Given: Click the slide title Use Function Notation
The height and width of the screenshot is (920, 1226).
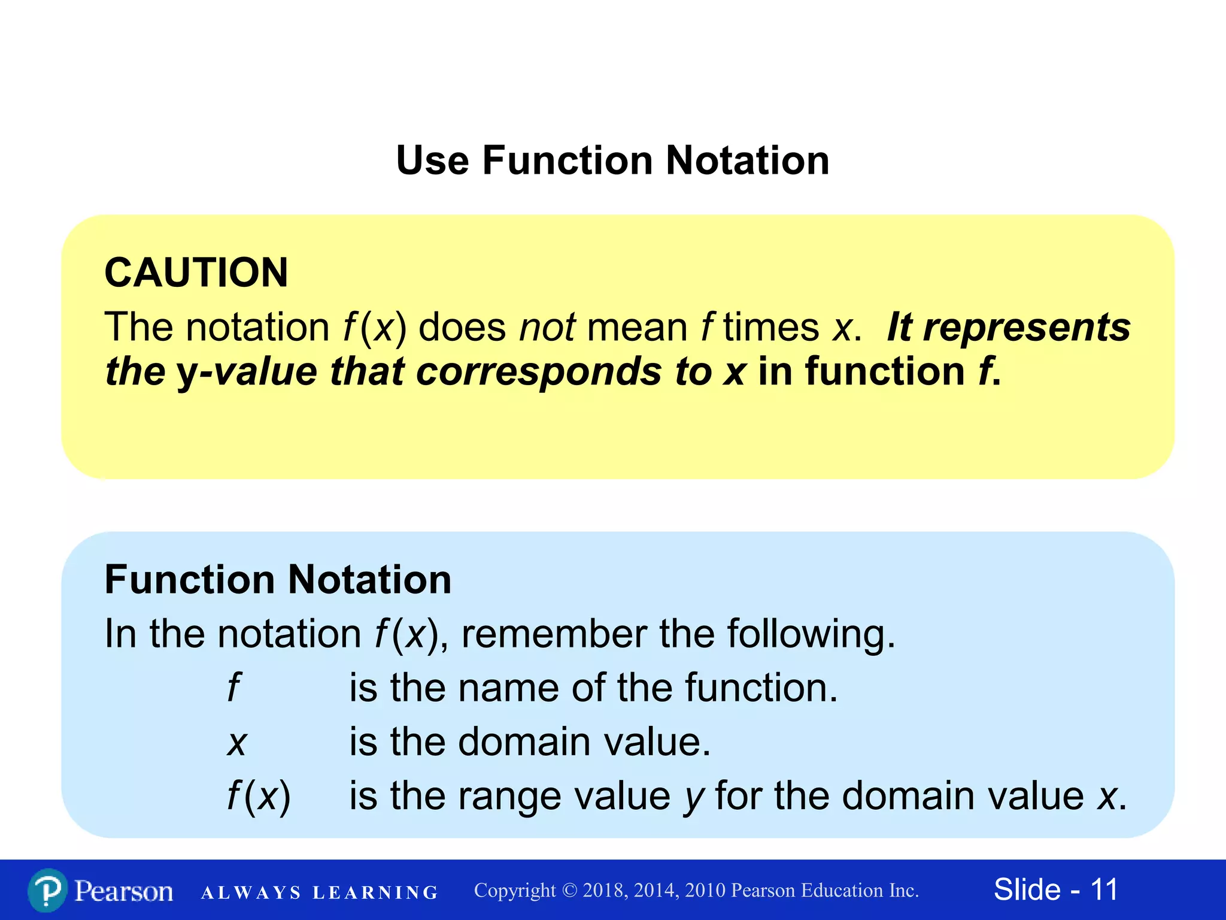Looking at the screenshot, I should click(612, 161).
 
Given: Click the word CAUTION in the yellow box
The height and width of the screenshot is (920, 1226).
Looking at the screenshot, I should click(196, 273).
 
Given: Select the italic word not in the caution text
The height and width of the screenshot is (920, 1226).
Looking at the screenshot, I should click(547, 328).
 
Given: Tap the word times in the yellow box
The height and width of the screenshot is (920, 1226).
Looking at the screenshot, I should click(770, 328).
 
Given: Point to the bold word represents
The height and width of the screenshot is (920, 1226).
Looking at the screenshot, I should click(1027, 328).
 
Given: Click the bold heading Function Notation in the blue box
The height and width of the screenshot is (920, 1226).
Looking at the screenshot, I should click(278, 580).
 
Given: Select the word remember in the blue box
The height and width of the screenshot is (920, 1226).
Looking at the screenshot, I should click(554, 634).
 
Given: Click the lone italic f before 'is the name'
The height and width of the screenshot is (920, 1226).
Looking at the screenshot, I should click(233, 688).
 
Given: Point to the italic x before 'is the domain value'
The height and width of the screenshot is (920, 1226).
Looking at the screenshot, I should click(237, 743).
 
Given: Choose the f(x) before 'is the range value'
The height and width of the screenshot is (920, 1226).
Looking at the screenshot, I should click(259, 797).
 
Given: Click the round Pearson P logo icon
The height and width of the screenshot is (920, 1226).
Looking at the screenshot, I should click(48, 891).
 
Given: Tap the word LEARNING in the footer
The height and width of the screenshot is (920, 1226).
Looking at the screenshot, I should click(375, 893).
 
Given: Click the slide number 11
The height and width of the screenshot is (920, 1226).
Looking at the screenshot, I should click(1104, 889).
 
